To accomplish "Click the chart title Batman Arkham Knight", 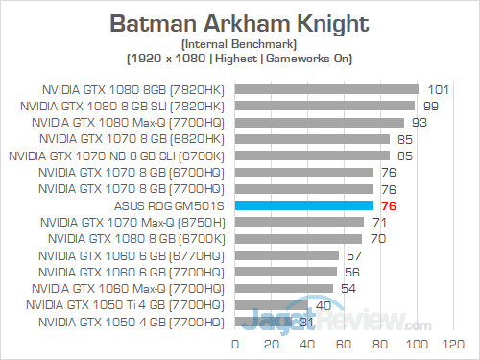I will tap(239, 22).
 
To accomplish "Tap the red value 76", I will tap(391, 205).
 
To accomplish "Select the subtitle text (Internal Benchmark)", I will tap(239, 44).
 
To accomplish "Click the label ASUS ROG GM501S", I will tap(169, 205).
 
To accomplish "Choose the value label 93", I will tap(420, 122).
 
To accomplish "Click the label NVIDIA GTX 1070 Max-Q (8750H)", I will tap(133, 222).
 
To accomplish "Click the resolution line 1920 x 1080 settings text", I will tap(239, 59).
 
